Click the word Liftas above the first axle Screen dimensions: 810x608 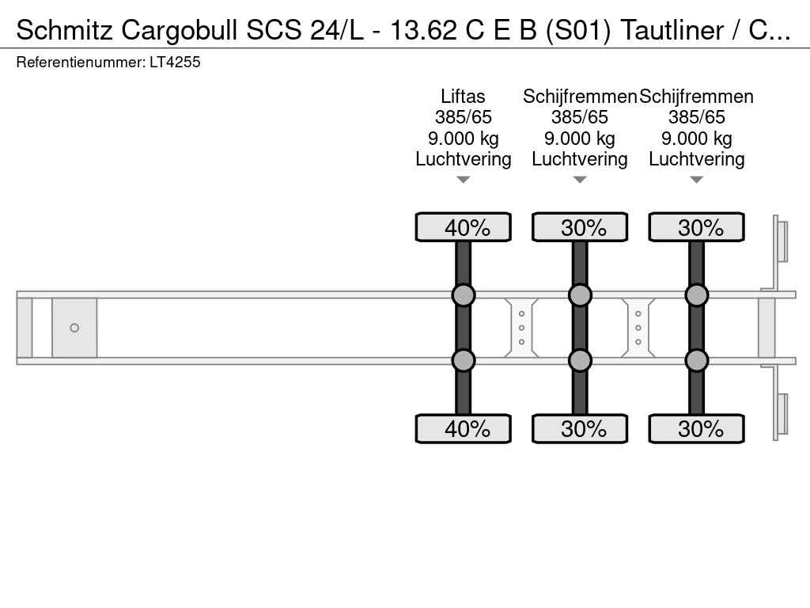pos(463,97)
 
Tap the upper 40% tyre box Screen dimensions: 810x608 pos(464,227)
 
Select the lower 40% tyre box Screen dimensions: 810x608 pos(464,428)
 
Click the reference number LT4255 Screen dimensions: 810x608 pos(175,62)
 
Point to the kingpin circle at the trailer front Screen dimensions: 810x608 pos(74,328)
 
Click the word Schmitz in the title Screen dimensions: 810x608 pos(65,30)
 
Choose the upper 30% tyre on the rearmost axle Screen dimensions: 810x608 pos(696,227)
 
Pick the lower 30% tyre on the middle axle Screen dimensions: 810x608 pos(580,428)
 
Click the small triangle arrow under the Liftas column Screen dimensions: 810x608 pos(464,180)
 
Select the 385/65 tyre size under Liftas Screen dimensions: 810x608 pos(464,117)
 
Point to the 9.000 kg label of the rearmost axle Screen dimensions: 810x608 pos(696,139)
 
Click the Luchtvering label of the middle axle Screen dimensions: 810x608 pos(580,159)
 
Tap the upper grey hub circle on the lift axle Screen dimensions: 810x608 pos(464,295)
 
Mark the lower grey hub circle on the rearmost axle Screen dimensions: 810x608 pos(696,360)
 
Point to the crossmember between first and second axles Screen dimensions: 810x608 pos(521,328)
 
